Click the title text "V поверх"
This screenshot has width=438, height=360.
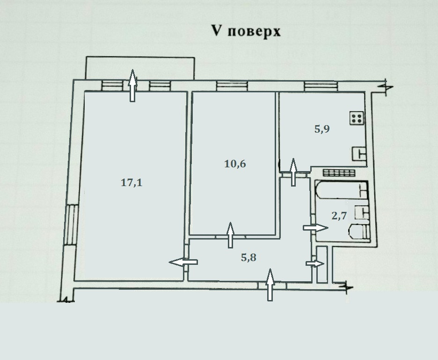click(x=246, y=31)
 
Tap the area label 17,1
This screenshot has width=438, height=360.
click(x=131, y=183)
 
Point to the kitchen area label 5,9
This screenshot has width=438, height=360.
click(x=322, y=129)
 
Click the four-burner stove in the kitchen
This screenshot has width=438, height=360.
click(x=356, y=118)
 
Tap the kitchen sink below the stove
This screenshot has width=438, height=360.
click(x=360, y=153)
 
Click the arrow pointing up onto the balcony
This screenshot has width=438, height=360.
click(x=133, y=86)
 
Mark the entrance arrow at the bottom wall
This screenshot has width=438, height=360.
click(x=270, y=285)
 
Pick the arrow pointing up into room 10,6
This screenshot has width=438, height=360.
click(x=230, y=235)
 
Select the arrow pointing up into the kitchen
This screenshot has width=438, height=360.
click(x=293, y=172)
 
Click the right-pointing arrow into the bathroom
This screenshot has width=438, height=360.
click(x=316, y=227)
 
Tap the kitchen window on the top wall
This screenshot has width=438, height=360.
click(x=321, y=85)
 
